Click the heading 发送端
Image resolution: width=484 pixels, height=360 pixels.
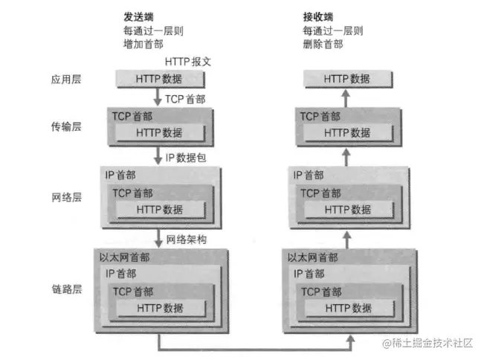(139, 16)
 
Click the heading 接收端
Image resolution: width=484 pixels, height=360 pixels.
(318, 16)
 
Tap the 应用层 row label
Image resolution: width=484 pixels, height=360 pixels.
(65, 77)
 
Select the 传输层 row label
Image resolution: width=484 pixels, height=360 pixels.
(65, 126)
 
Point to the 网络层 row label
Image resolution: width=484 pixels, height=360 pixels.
(65, 199)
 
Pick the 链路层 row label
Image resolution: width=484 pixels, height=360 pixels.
(65, 288)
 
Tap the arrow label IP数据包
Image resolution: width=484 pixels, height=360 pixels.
(192, 157)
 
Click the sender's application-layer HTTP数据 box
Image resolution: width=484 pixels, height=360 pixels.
(158, 78)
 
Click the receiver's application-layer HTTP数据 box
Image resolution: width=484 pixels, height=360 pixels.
(346, 78)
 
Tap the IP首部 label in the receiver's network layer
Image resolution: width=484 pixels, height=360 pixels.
(309, 176)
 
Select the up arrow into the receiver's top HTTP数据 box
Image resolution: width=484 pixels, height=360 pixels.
(346, 97)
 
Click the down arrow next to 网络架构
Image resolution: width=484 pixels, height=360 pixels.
(158, 239)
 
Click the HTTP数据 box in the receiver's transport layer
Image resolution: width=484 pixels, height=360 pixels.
(346, 132)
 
